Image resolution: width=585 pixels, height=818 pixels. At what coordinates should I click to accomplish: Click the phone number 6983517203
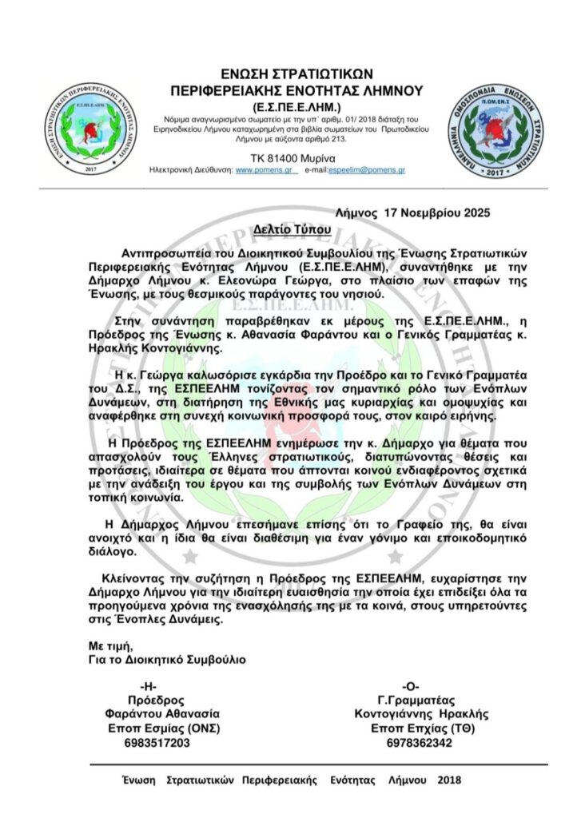(157, 742)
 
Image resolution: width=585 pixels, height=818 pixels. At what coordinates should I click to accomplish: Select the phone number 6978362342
(420, 742)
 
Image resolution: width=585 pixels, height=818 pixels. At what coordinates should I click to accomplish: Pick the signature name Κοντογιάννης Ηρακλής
(421, 713)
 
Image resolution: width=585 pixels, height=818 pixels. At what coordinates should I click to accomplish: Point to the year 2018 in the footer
(449, 780)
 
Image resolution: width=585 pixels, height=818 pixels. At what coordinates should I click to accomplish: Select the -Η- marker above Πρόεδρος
(148, 685)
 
